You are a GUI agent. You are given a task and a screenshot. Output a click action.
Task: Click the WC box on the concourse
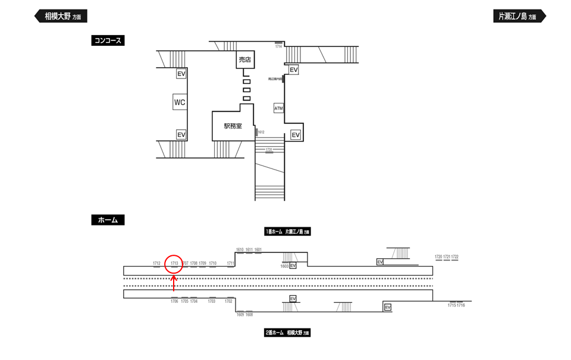(180, 102)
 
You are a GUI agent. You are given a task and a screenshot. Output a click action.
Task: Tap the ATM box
(278, 108)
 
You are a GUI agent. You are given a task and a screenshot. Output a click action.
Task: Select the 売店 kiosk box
(245, 60)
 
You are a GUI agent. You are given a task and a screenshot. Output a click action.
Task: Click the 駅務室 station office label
(233, 126)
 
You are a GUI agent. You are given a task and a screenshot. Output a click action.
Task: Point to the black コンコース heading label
(108, 40)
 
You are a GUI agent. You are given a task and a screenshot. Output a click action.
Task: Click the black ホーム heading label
(108, 220)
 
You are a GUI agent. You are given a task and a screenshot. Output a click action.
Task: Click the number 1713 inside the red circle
(174, 263)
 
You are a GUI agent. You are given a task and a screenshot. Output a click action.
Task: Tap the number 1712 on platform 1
(157, 263)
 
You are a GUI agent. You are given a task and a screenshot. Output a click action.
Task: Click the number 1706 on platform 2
(174, 301)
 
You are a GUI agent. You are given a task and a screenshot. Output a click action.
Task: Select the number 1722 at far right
(455, 256)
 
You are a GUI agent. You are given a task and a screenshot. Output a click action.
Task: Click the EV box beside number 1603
(293, 266)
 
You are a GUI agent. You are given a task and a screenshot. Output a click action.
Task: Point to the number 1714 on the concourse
(278, 46)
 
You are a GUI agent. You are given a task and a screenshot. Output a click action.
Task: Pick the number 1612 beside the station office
(261, 132)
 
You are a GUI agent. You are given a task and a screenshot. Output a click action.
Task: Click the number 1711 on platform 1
(231, 263)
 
